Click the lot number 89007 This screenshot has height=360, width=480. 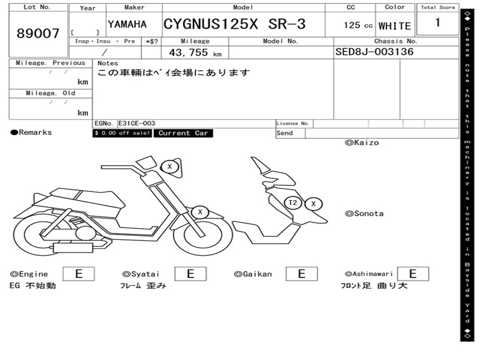(38, 33)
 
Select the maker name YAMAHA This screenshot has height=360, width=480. (127, 24)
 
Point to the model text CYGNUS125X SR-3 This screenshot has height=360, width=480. (234, 24)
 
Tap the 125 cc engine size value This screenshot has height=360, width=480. (358, 25)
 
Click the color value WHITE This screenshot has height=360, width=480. (395, 26)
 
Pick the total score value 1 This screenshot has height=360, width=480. (438, 22)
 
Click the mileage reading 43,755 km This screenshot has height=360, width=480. (195, 52)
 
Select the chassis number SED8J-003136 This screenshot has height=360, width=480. (375, 52)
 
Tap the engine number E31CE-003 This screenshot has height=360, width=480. (137, 123)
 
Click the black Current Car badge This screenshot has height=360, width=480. (183, 133)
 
